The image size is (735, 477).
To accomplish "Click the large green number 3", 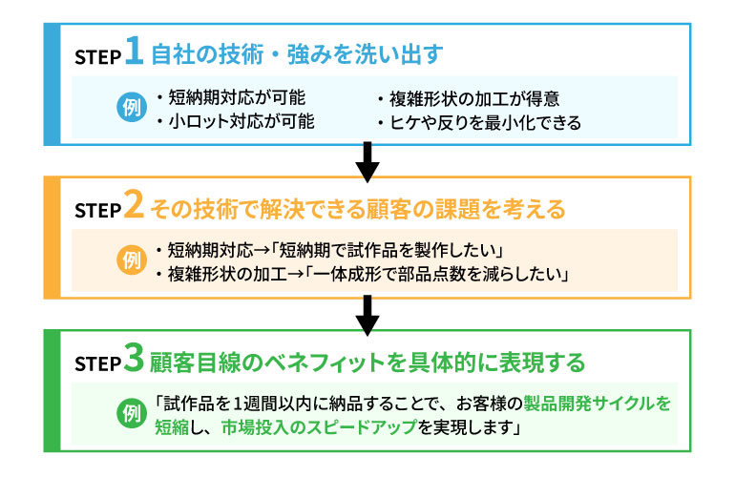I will pos(135,360).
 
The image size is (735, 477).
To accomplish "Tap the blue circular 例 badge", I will pos(133,108).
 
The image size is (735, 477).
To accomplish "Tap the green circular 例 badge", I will pos(132,414).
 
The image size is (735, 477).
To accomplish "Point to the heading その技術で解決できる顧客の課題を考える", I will pos(358,207).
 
